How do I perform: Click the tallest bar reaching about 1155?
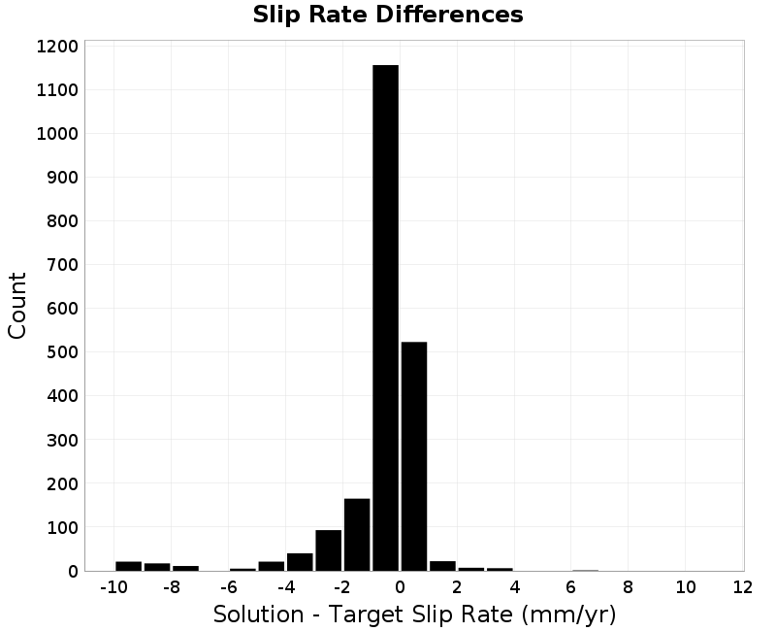(385, 318)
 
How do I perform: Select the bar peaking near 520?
(414, 456)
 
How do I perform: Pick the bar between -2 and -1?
(357, 535)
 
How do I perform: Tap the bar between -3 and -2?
(329, 550)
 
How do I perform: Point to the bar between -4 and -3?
(300, 562)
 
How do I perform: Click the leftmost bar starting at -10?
(129, 566)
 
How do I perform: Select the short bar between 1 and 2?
(443, 566)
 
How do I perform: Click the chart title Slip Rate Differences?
(388, 15)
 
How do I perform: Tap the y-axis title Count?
(16, 306)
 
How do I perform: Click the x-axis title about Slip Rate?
(415, 614)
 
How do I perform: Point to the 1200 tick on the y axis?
(57, 47)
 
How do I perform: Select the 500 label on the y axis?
(63, 352)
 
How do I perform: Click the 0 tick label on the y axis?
(74, 572)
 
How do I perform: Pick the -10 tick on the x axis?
(113, 587)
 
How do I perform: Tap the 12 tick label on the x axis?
(742, 587)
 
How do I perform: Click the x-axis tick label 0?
(400, 587)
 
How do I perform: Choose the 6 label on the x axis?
(571, 587)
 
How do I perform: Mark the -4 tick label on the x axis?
(286, 587)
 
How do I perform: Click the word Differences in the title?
(449, 15)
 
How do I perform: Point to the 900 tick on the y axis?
(63, 178)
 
